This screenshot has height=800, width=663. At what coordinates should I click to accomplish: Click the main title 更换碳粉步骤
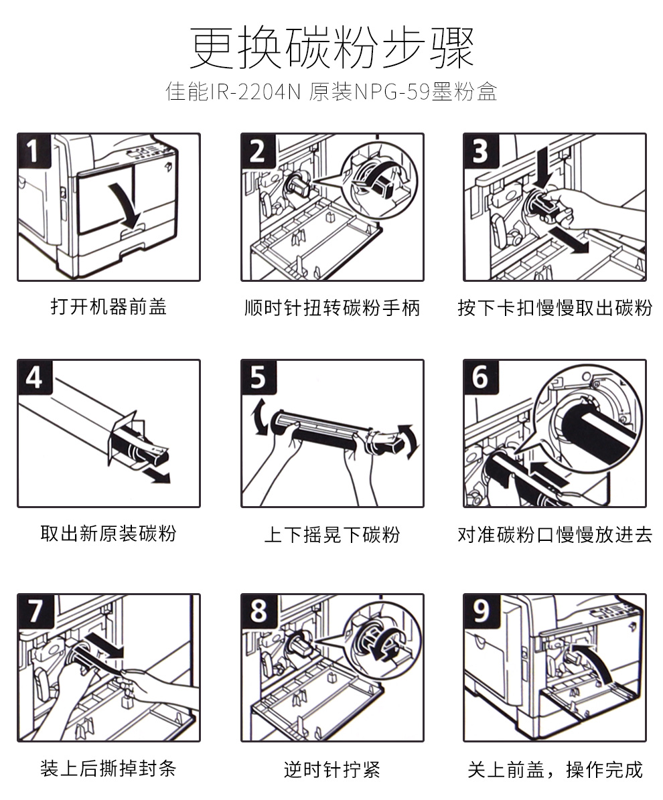pos(331,48)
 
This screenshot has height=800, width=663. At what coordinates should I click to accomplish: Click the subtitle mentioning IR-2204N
pos(331,92)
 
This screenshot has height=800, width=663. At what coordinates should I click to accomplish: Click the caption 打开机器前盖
pos(108,307)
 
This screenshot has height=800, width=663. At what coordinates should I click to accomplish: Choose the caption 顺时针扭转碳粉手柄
pos(332,308)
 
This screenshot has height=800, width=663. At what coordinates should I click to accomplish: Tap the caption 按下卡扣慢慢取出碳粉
pos(555,308)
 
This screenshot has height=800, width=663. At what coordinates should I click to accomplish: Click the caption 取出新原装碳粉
pos(108,534)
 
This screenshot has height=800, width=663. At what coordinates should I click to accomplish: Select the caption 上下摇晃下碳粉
pos(332,535)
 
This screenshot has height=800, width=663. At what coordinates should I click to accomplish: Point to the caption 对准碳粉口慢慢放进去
pos(555,535)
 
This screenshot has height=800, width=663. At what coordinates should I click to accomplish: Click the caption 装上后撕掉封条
pos(108,768)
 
